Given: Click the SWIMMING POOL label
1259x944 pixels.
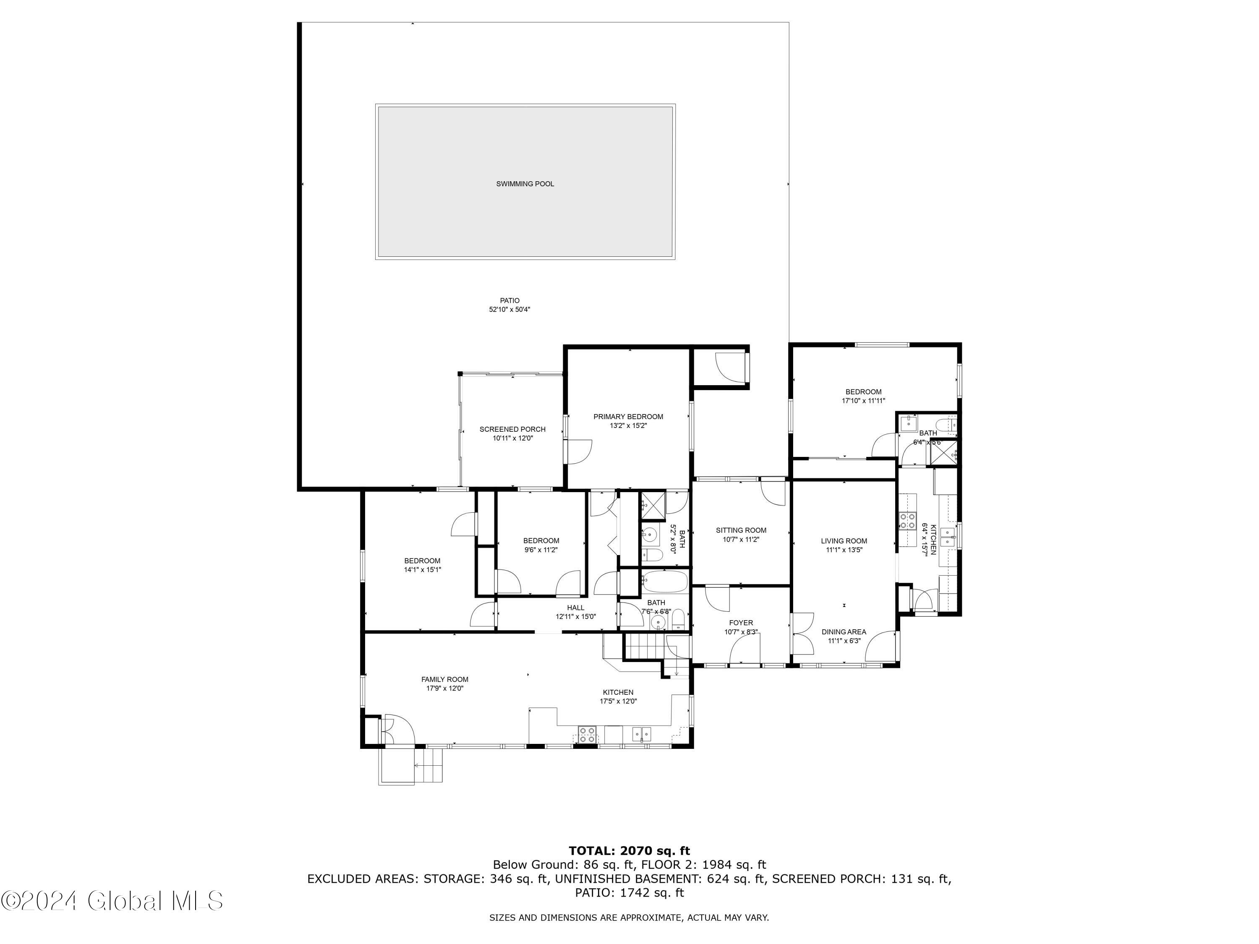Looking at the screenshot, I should click(525, 184).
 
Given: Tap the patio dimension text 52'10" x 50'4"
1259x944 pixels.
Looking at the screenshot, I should click(509, 310).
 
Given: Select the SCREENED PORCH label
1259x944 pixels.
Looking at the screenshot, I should click(512, 429).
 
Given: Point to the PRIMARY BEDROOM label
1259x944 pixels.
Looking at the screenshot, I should click(628, 417).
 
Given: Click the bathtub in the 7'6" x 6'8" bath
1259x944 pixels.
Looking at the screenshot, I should click(665, 582).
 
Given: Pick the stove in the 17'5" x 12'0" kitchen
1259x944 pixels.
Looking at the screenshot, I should click(587, 734).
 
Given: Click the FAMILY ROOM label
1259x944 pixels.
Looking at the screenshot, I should click(444, 679).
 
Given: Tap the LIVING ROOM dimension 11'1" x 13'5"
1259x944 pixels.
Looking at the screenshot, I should click(844, 550).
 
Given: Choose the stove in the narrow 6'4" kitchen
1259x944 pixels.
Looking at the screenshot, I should click(907, 521).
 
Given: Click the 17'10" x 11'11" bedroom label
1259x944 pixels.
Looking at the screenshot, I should click(863, 392).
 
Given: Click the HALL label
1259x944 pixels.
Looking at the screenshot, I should click(575, 608).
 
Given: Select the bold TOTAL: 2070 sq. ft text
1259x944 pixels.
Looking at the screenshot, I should click(629, 851).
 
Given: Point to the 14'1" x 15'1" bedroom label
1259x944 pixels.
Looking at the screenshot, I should click(422, 561).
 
